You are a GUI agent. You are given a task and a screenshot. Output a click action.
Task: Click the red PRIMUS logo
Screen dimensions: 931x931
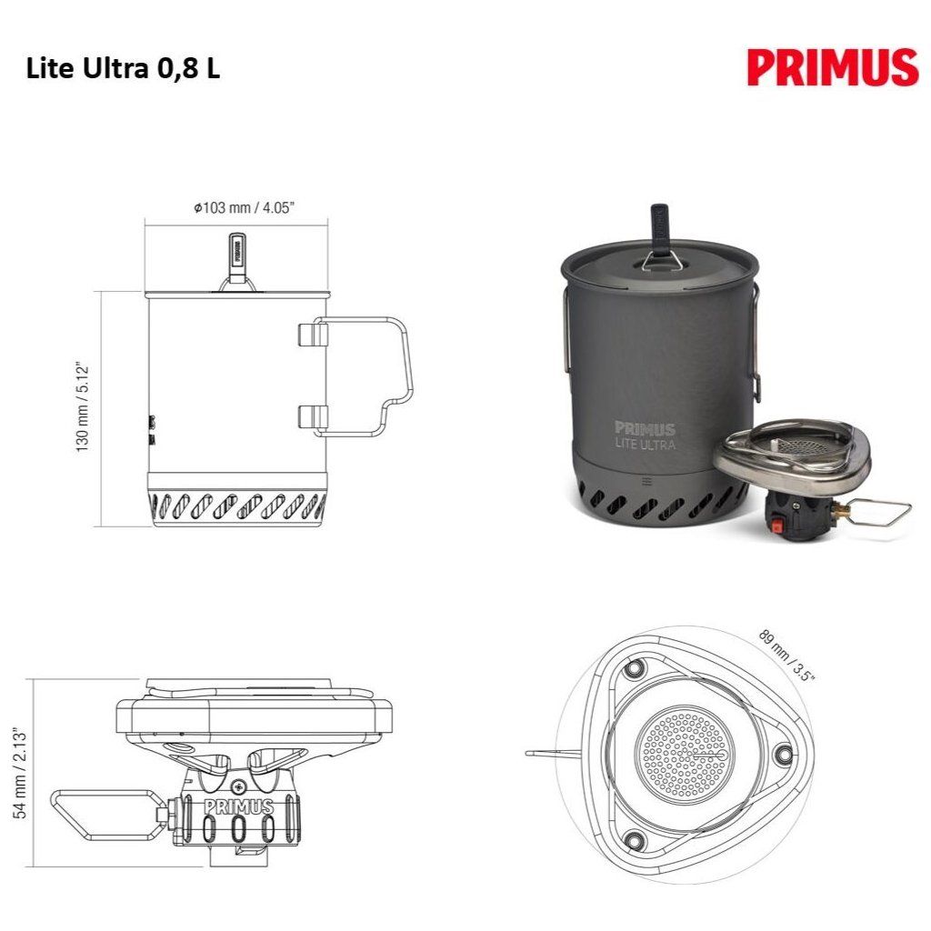coord(833,67)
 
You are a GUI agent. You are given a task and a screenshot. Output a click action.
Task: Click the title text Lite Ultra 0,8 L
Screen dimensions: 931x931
coord(123,69)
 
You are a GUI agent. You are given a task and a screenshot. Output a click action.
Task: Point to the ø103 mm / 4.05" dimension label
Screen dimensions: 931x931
coord(244,207)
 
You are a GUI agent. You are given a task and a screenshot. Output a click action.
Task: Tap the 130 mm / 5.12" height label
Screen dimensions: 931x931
coord(82,406)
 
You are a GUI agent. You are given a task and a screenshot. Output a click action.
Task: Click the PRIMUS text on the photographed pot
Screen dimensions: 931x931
coord(645,429)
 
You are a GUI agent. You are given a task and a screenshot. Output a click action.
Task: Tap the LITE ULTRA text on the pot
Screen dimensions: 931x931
coord(646,444)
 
